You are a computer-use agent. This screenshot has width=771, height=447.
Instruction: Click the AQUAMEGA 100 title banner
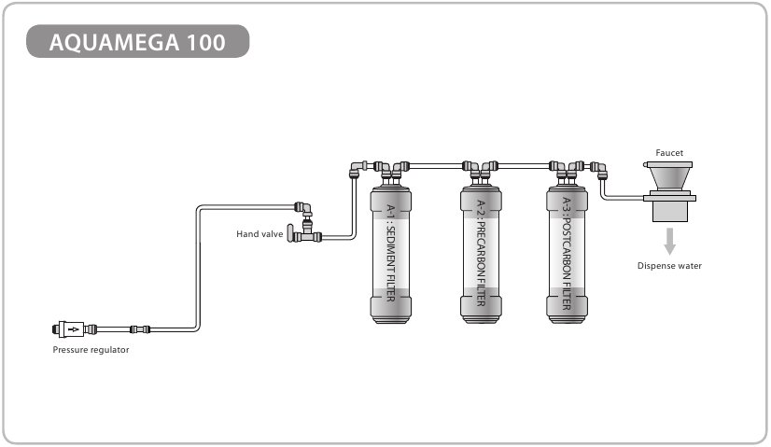pyautogui.click(x=138, y=42)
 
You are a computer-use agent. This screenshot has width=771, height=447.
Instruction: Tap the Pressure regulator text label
pyautogui.click(x=91, y=350)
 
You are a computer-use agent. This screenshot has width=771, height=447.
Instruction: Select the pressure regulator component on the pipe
pyautogui.click(x=69, y=328)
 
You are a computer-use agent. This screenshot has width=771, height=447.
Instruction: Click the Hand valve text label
pyautogui.click(x=259, y=233)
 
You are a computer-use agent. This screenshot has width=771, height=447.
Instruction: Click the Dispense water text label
pyautogui.click(x=668, y=266)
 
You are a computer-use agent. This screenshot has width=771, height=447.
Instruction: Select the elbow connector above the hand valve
pyautogui.click(x=304, y=207)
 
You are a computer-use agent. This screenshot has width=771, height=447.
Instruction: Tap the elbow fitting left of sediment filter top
pyautogui.click(x=356, y=169)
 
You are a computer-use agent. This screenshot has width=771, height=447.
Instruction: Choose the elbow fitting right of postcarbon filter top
pyautogui.click(x=599, y=169)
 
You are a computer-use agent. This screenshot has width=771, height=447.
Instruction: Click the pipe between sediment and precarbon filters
pyautogui.click(x=434, y=165)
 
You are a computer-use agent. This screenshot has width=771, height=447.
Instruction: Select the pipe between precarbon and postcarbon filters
pyautogui.click(x=523, y=165)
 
